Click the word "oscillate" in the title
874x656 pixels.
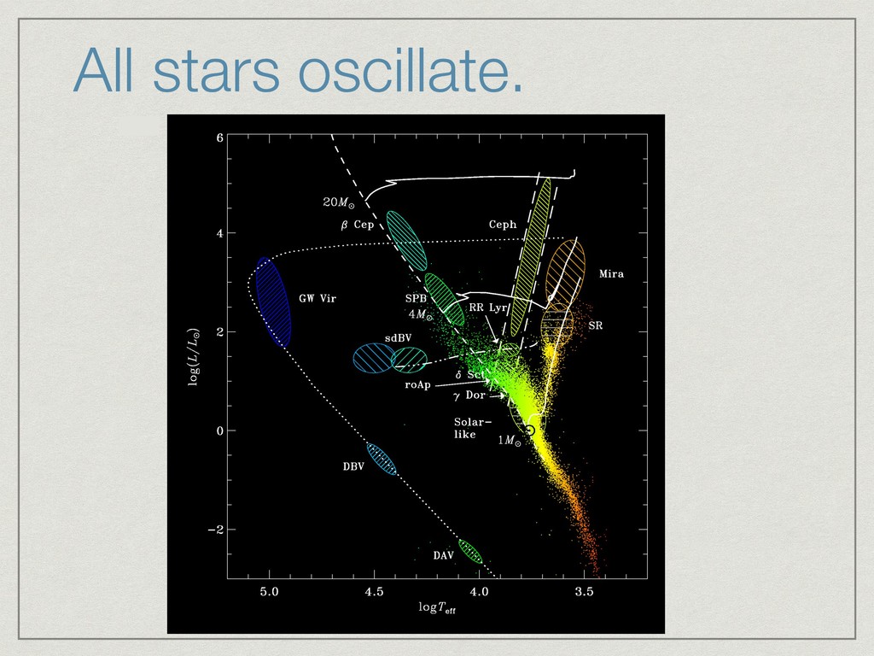pyautogui.click(x=411, y=70)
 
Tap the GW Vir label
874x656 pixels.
pyautogui.click(x=318, y=298)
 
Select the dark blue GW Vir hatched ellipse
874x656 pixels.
pyautogui.click(x=273, y=302)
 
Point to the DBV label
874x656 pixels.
pyautogui.click(x=353, y=466)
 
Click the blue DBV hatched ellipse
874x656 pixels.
pyautogui.click(x=382, y=459)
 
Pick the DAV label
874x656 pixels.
pyautogui.click(x=443, y=555)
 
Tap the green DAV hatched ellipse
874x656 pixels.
pyautogui.click(x=470, y=552)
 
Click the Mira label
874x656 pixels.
pyautogui.click(x=611, y=274)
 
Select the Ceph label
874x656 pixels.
pyautogui.click(x=503, y=225)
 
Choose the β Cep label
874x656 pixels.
pyautogui.click(x=358, y=225)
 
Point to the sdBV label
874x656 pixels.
pyautogui.click(x=398, y=338)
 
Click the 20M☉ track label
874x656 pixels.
pyautogui.click(x=339, y=202)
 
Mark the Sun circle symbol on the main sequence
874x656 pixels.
pyautogui.click(x=530, y=430)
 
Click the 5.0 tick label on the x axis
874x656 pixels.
pyautogui.click(x=269, y=592)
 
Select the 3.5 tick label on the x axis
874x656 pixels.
pyautogui.click(x=584, y=592)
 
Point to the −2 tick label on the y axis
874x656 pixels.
pyautogui.click(x=216, y=530)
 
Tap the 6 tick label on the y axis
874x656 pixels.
pyautogui.click(x=220, y=138)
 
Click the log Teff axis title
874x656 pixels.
pyautogui.click(x=437, y=608)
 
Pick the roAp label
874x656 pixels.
pyautogui.click(x=418, y=385)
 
